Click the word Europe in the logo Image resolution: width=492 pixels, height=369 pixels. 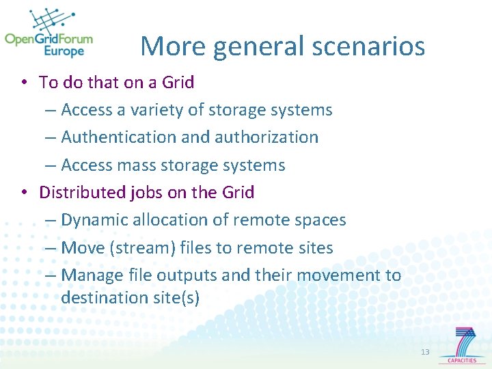(x=64, y=51)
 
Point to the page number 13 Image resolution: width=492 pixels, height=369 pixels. (x=425, y=352)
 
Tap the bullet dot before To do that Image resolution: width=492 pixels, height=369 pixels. (x=23, y=83)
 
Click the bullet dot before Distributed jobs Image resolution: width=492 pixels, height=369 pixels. (x=23, y=193)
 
